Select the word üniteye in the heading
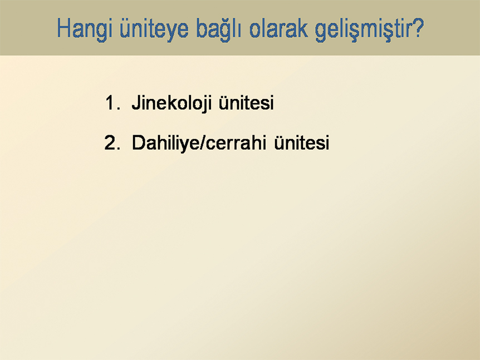coord(154,29)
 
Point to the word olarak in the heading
coord(278,28)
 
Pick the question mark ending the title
coord(417,28)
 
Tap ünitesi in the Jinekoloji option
coord(246,103)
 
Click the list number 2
coord(112,142)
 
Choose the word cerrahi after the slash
coord(236,142)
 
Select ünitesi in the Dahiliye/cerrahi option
coord(301,142)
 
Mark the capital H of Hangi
coord(63,28)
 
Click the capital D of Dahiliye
coord(139,142)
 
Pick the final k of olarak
coord(303,28)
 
